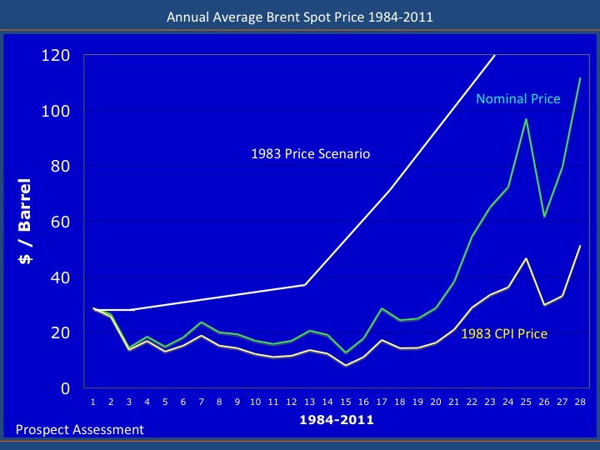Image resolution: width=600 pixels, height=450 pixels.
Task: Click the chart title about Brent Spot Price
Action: pyautogui.click(x=299, y=16)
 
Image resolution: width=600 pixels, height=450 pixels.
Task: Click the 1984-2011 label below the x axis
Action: pyautogui.click(x=336, y=421)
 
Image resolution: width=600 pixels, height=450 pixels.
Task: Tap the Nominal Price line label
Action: pyautogui.click(x=517, y=98)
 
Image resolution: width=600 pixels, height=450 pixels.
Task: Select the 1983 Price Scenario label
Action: pyautogui.click(x=310, y=154)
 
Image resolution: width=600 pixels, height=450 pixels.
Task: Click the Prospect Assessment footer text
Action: pyautogui.click(x=80, y=430)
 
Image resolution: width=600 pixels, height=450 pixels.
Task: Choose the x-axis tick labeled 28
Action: pyautogui.click(x=580, y=402)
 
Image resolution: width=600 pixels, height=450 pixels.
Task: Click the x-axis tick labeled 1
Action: pyautogui.click(x=92, y=402)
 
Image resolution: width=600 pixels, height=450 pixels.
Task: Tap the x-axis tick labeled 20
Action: pyautogui.click(x=435, y=402)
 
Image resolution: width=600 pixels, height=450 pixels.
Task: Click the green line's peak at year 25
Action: pyautogui.click(x=526, y=118)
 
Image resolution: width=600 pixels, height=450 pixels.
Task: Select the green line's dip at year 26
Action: pyautogui.click(x=544, y=217)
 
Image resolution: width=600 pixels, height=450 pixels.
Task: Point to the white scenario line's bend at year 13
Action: pyautogui.click(x=305, y=285)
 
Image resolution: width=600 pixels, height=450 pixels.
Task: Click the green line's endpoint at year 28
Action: pyautogui.click(x=580, y=77)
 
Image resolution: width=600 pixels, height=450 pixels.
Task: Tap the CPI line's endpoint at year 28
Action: pyautogui.click(x=580, y=246)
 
